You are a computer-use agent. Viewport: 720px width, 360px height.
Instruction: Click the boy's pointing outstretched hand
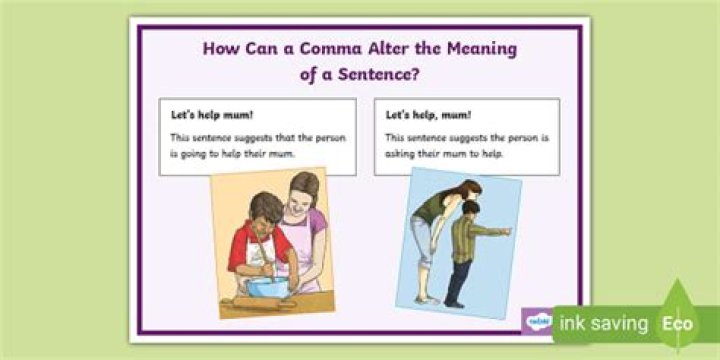pyautogui.click(x=508, y=232)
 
